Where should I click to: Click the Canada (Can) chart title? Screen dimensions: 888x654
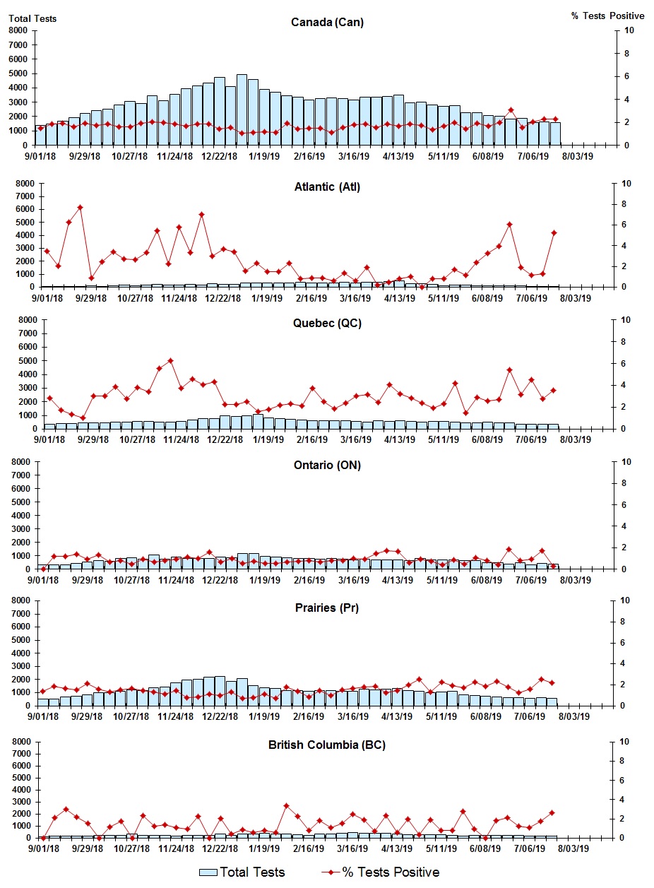327,22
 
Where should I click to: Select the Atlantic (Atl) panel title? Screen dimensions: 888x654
327,187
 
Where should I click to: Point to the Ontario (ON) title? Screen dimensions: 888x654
327,465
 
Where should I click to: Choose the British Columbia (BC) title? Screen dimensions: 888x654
327,745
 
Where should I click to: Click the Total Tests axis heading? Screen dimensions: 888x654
32,18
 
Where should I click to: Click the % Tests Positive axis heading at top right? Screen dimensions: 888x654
607,16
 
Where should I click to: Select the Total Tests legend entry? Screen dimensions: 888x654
242,872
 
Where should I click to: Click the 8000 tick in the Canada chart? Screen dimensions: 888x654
18,30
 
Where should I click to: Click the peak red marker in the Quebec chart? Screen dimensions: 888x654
170,361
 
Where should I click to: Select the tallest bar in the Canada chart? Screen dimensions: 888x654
242,109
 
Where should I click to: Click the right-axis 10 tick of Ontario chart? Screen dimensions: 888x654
626,462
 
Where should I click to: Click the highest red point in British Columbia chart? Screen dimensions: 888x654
286,806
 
